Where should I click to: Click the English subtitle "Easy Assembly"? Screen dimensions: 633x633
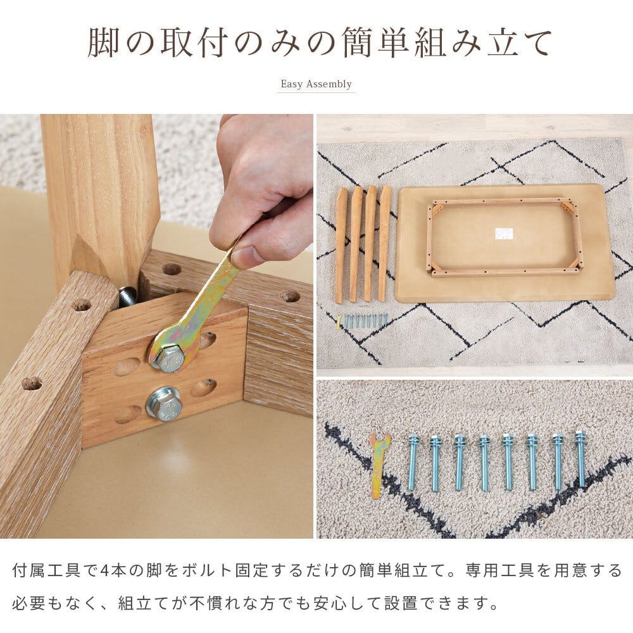(316, 84)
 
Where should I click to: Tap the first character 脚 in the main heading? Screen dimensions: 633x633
(104, 42)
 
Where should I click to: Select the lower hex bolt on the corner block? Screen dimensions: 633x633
(163, 404)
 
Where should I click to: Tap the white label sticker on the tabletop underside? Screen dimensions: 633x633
(505, 234)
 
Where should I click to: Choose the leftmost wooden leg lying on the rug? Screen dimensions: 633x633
(342, 245)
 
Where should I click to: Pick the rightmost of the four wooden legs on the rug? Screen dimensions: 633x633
(384, 243)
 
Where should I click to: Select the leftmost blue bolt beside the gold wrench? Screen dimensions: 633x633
(412, 462)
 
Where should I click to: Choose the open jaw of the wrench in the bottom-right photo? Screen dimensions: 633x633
(380, 439)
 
